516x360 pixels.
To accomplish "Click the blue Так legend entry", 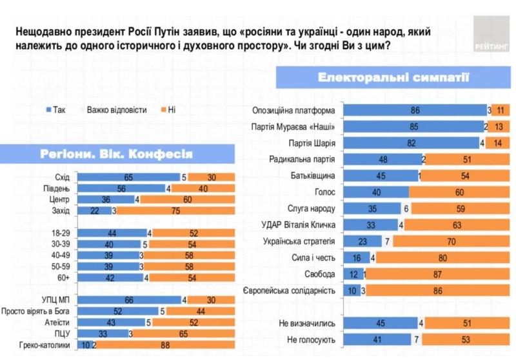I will (x=56, y=110).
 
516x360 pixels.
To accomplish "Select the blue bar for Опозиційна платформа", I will (x=415, y=110).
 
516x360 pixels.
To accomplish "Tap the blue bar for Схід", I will (x=128, y=177).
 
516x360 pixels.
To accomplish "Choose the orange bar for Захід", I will (x=175, y=210).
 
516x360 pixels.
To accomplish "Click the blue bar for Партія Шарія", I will (x=411, y=143).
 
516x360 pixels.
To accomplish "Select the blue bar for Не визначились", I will (x=381, y=323).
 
